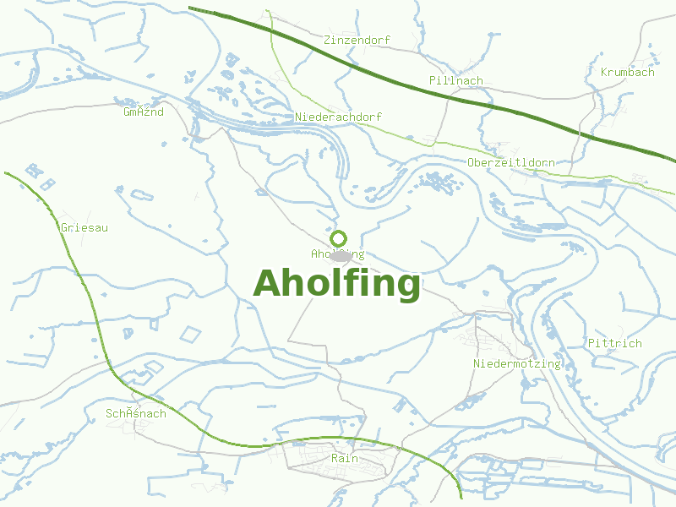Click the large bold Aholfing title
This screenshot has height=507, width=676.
click(x=336, y=283)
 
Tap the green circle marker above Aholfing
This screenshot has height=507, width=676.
click(x=339, y=238)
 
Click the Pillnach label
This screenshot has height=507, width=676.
click(x=455, y=80)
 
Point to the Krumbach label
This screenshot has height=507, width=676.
click(x=627, y=72)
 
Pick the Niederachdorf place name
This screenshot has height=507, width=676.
click(x=338, y=116)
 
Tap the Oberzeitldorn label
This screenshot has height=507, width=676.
click(x=510, y=161)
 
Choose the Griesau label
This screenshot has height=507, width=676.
click(x=84, y=227)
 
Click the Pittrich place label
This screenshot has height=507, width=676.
click(x=614, y=343)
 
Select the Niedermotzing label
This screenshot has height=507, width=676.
click(x=517, y=363)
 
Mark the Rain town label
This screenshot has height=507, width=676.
click(x=345, y=458)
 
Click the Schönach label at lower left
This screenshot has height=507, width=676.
click(x=135, y=413)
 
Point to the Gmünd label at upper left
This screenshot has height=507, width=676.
click(x=143, y=112)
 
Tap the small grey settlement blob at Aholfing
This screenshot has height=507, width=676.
click(x=341, y=254)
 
